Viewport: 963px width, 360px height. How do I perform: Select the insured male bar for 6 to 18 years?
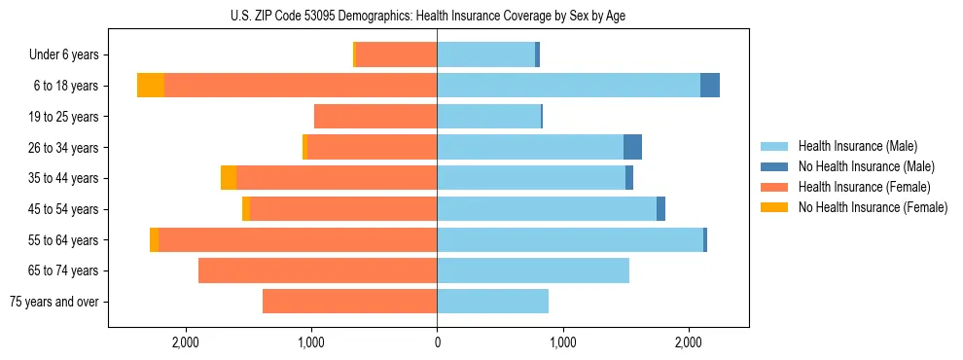point(568,86)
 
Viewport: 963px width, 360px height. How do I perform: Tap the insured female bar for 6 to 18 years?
point(301,86)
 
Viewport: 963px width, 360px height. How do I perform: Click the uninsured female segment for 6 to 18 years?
point(151,86)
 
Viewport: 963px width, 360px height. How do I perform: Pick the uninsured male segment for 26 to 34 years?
point(632,147)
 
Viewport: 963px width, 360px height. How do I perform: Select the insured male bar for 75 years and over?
point(492,302)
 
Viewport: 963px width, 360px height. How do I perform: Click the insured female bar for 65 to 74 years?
point(317,270)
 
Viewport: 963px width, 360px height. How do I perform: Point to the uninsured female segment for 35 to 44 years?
point(229,178)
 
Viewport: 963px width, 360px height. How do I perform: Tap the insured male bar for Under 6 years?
point(485,54)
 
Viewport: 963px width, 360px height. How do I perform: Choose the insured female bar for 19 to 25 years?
point(375,117)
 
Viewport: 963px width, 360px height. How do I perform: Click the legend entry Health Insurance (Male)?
point(857,147)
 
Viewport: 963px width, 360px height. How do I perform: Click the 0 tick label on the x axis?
point(437,342)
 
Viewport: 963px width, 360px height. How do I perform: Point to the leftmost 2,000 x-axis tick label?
point(185,342)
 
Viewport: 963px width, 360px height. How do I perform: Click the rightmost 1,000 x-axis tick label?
point(562,342)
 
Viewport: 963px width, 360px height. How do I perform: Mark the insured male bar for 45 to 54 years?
point(547,209)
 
